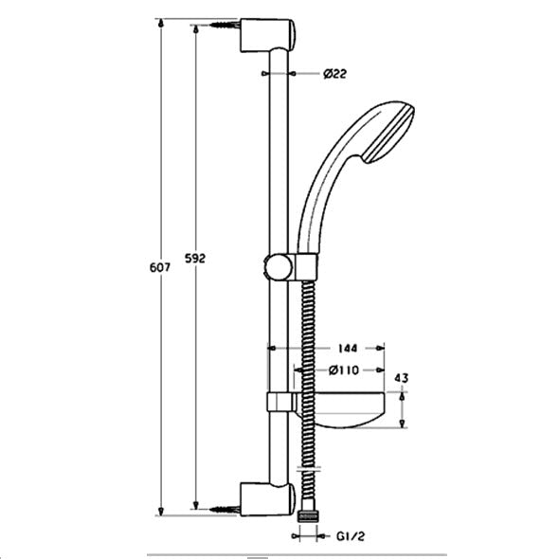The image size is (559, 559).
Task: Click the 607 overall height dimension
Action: point(160,267)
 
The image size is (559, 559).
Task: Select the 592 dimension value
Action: point(195,258)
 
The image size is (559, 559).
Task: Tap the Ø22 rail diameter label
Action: point(334,74)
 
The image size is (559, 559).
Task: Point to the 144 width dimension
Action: point(348,348)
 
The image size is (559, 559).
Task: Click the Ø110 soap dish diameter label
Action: point(344,370)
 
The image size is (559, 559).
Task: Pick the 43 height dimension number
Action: point(402,378)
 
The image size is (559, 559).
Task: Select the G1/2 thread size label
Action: point(351,536)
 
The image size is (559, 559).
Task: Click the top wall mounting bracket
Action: point(267,35)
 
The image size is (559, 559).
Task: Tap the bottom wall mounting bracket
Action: point(267,499)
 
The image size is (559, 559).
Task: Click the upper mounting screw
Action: point(225,25)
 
